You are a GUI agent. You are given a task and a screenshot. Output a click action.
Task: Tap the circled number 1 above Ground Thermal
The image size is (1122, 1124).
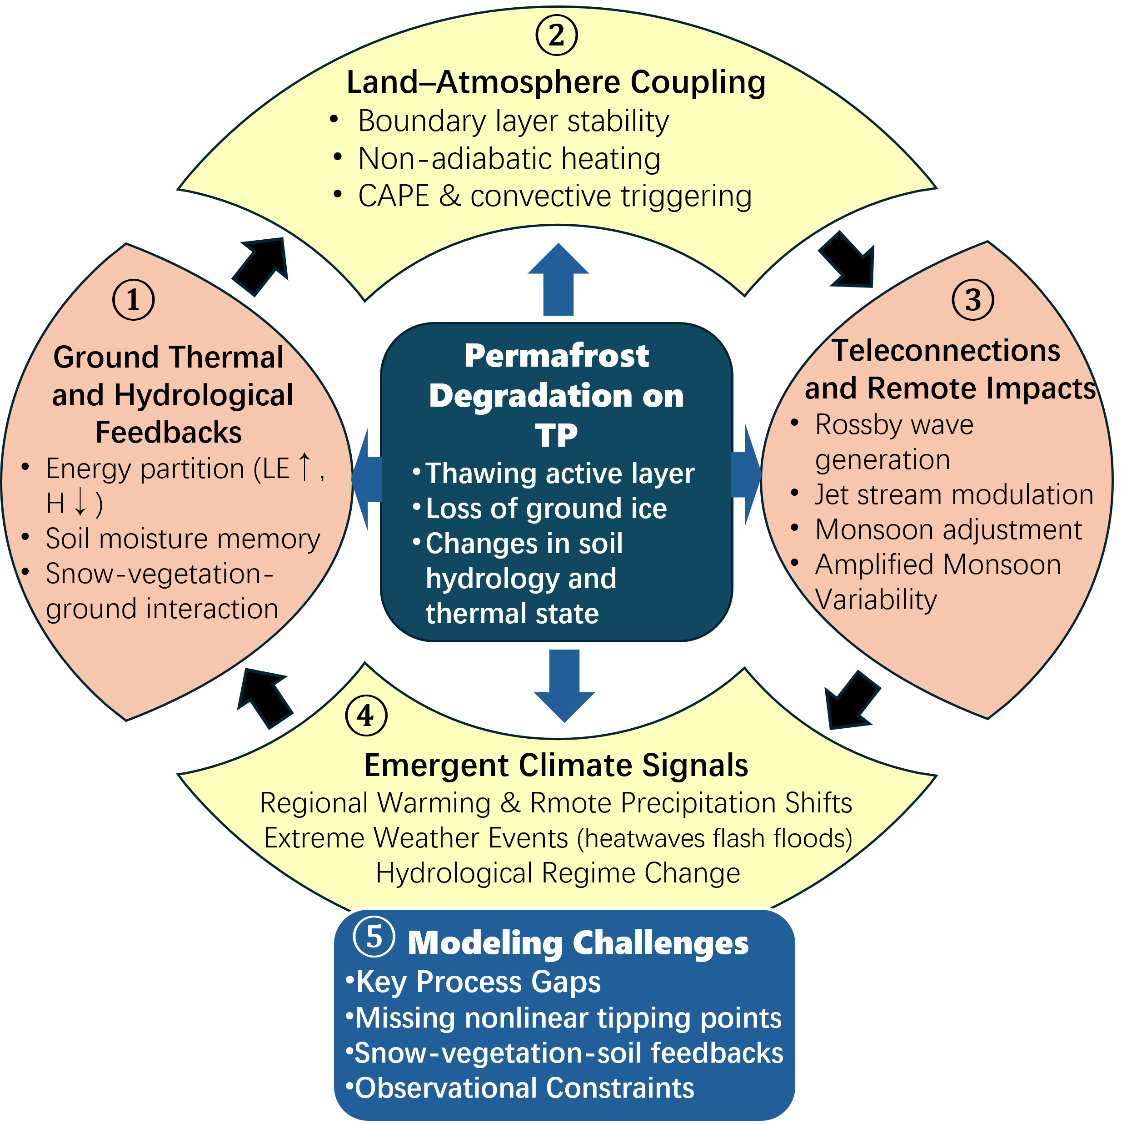coord(133,300)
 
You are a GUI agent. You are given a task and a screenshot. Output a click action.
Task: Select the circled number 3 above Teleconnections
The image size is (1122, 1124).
coord(972,300)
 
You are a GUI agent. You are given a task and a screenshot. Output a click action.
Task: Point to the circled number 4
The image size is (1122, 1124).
coord(366,716)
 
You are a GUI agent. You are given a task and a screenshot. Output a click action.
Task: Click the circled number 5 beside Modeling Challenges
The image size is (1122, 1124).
coord(374,937)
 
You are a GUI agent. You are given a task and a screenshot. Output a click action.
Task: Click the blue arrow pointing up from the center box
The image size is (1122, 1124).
coord(558,279)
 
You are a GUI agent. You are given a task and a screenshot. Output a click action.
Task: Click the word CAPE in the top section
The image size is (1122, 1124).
coord(394,196)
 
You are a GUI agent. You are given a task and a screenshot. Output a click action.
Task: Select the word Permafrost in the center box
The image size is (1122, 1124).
coord(556,355)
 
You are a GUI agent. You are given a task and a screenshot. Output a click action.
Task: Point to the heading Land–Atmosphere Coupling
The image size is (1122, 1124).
coord(556,82)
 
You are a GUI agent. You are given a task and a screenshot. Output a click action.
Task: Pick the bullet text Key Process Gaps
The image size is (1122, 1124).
coord(478,982)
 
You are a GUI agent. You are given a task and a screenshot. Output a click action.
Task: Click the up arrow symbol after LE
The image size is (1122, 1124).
coord(304,467)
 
